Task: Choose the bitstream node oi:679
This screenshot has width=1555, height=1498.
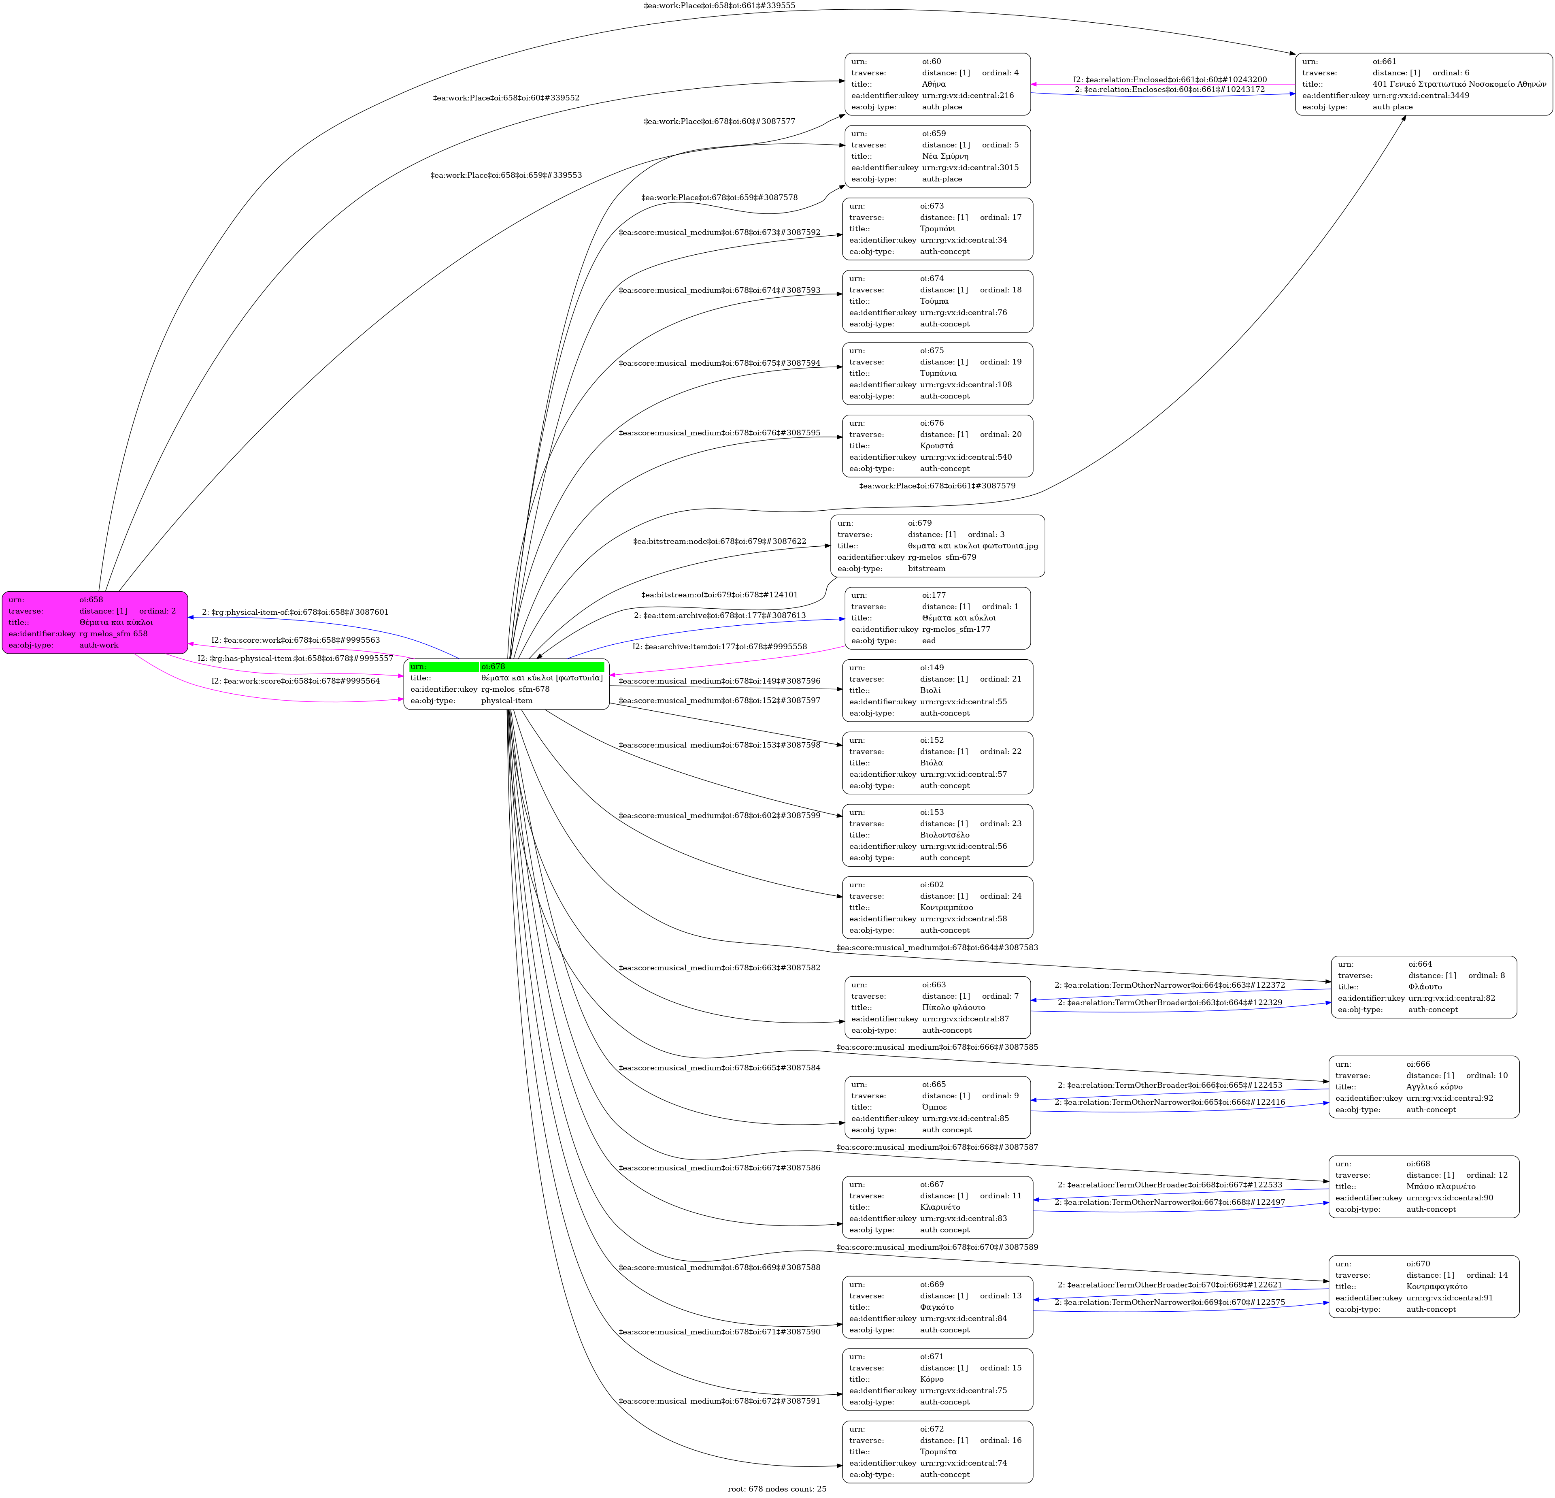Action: pyautogui.click(x=938, y=546)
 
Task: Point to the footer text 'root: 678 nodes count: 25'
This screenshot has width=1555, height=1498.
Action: pyautogui.click(x=777, y=1488)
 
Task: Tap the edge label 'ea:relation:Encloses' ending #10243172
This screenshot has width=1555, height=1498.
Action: pyautogui.click(x=1170, y=89)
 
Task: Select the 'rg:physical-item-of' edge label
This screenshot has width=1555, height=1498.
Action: pyautogui.click(x=295, y=612)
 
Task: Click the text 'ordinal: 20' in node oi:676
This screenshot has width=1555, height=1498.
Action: pyautogui.click(x=1000, y=434)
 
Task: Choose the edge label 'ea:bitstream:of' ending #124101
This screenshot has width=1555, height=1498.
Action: pyautogui.click(x=719, y=594)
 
